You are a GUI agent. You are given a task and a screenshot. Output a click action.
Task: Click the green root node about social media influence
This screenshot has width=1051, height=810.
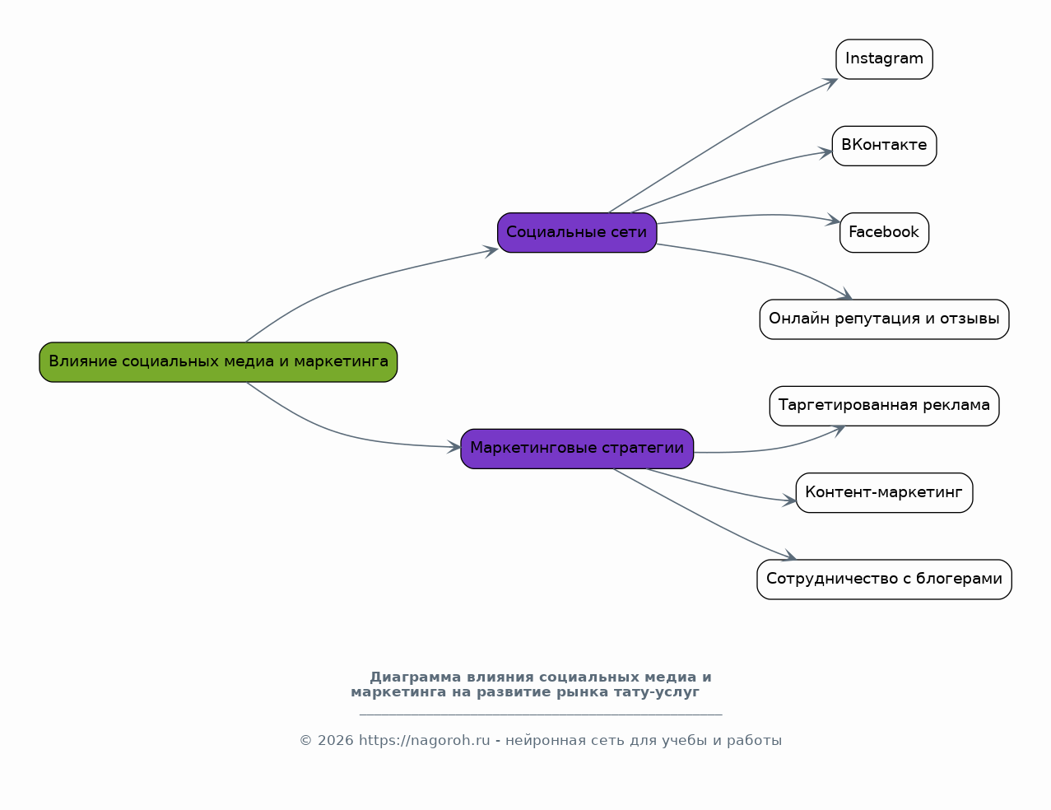pos(218,362)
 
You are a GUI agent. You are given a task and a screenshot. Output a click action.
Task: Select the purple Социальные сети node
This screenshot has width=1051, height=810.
pos(577,233)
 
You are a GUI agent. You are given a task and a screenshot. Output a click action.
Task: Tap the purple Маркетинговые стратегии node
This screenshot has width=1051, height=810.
pos(577,449)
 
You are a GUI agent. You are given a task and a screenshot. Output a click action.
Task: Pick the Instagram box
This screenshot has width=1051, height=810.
pos(884,59)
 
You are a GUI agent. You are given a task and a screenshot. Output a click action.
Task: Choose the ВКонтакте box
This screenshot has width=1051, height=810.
pos(884,146)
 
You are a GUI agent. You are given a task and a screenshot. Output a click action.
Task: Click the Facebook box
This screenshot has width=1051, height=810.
pos(884,233)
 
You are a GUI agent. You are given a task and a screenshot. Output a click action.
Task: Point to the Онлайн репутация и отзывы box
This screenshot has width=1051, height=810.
pos(884,319)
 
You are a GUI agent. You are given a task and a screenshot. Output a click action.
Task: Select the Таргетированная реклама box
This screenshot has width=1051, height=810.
pos(884,406)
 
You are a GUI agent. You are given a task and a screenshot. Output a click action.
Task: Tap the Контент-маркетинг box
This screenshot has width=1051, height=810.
pos(884,493)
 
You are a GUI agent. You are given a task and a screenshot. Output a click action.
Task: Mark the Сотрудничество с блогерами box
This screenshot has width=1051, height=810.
pos(884,580)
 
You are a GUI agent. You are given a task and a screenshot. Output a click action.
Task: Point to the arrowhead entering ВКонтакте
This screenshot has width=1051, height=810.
pos(826,151)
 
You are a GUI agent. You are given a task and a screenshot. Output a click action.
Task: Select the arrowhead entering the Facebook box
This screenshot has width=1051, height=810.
pos(834,221)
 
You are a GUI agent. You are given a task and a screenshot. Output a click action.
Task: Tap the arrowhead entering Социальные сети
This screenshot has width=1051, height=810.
pos(492,250)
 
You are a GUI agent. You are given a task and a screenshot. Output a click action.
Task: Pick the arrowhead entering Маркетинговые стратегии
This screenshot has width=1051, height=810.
pos(455,447)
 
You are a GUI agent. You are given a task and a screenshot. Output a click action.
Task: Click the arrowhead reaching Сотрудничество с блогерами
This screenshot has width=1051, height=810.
pos(790,557)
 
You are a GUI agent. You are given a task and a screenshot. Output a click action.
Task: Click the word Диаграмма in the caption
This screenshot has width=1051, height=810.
pos(416,677)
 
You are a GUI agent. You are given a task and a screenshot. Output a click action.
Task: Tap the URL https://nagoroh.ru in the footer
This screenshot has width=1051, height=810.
pos(424,741)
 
